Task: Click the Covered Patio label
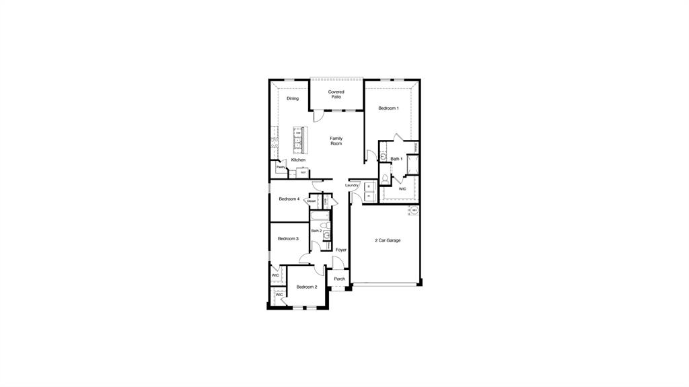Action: click(x=336, y=94)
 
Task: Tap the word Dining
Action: click(x=292, y=98)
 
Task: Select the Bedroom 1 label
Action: click(x=388, y=108)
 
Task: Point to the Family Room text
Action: click(x=336, y=141)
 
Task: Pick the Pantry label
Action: click(x=281, y=167)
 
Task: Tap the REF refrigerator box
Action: click(x=303, y=172)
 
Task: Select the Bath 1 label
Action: click(x=396, y=159)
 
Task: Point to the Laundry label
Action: click(x=352, y=185)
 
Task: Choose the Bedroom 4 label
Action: click(x=289, y=199)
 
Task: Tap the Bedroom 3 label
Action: click(x=288, y=238)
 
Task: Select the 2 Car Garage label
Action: click(x=388, y=240)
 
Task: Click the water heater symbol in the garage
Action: click(x=414, y=210)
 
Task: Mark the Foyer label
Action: click(x=341, y=250)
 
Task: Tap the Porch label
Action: click(x=339, y=279)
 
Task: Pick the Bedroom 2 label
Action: click(x=306, y=287)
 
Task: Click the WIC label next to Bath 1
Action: click(x=402, y=189)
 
